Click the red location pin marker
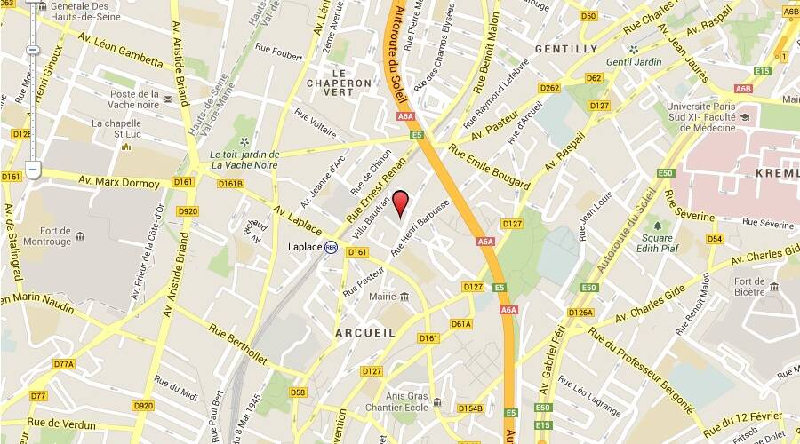coord(401,203)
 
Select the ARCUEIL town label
coord(364,332)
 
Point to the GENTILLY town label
coord(566,49)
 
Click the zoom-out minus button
coord(33,167)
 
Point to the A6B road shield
coord(743,89)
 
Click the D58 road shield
coord(298,392)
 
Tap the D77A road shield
coord(63,364)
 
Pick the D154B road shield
coord(470,408)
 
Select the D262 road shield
coord(549,87)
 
